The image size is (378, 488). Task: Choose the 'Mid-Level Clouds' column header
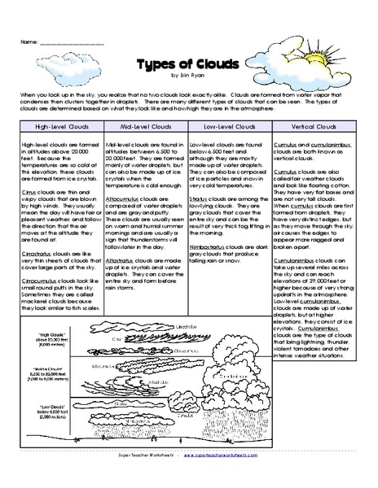point(146,127)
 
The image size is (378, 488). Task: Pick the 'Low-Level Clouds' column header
point(229,127)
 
